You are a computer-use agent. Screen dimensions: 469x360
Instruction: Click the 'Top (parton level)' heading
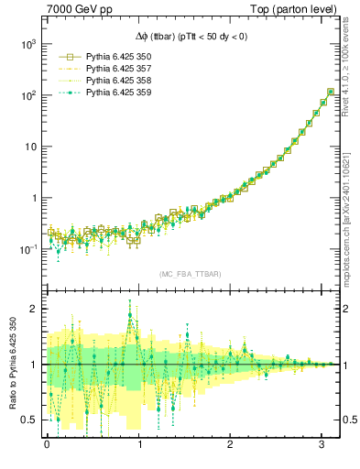click(x=298, y=9)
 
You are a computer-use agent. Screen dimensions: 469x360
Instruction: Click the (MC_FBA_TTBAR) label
click(x=191, y=275)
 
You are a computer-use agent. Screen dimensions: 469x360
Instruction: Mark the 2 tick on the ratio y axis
click(x=32, y=309)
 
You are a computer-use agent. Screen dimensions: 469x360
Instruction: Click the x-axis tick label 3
click(x=323, y=443)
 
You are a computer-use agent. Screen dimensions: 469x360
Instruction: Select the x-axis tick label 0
click(x=47, y=443)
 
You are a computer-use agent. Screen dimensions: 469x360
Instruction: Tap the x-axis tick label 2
click(x=231, y=443)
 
